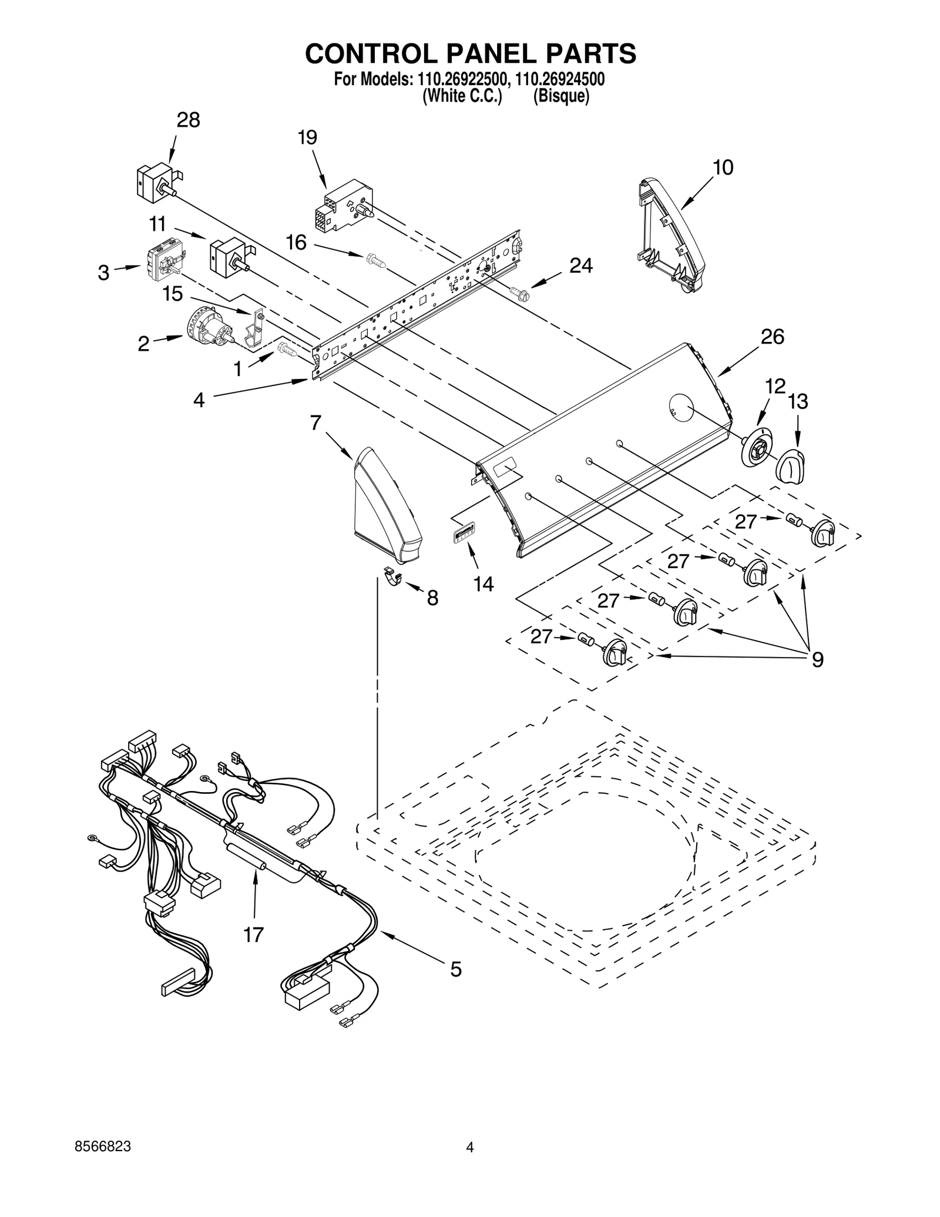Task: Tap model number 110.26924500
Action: coord(559,79)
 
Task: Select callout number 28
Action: coord(188,120)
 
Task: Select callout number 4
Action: coord(199,400)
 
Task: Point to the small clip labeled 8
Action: coord(392,575)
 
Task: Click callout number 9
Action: coord(817,660)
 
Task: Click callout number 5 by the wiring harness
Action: coord(455,968)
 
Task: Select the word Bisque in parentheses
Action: coord(560,96)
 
